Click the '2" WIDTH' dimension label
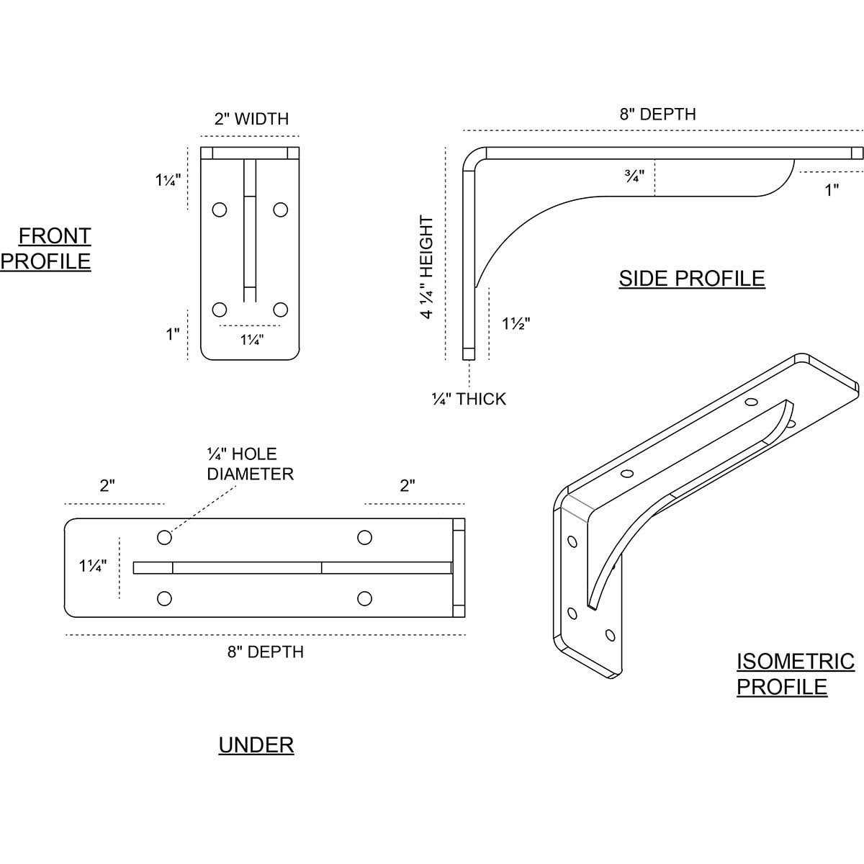coord(251,119)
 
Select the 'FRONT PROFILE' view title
coord(46,248)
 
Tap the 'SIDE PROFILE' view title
coord(691,279)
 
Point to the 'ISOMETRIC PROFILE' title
coord(795,674)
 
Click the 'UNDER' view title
coord(256,745)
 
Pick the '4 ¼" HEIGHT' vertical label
coord(427,267)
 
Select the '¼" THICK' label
coord(469,399)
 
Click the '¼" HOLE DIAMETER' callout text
coord(249,464)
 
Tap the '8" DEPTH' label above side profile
coord(657,114)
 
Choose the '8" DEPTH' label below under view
coord(266,652)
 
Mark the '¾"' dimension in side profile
coord(634,175)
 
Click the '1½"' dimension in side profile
coord(516,324)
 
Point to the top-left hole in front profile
coord(220,210)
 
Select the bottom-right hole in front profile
coord(281,310)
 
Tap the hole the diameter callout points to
coord(164,537)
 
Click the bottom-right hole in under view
coord(365,598)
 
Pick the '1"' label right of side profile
coord(832,191)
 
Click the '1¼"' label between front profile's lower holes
coord(252,340)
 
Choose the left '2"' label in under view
coord(107,485)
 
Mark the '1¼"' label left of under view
coord(93,566)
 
